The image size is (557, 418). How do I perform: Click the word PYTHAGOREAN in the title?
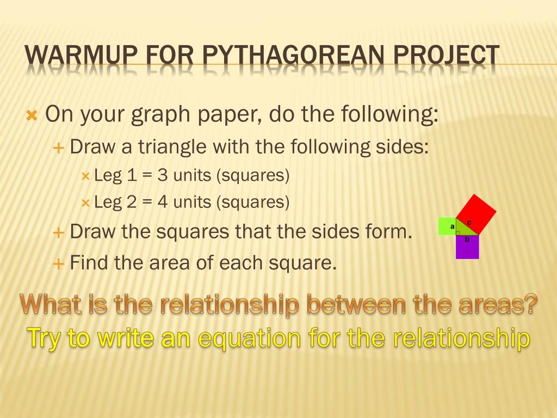(x=293, y=56)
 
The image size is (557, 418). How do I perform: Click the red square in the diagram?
(x=476, y=214)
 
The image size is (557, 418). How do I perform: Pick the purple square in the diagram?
(x=467, y=247)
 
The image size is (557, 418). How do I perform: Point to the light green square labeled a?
(x=447, y=226)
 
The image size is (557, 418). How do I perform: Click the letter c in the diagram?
(x=469, y=223)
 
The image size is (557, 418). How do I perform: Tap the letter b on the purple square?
(x=467, y=239)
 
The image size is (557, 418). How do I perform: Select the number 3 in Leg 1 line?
(x=163, y=175)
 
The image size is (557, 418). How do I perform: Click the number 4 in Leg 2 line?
(x=163, y=202)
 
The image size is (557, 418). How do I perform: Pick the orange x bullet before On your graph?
(x=32, y=115)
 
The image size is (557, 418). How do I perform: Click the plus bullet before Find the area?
(x=58, y=264)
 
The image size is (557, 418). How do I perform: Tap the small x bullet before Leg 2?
(x=85, y=203)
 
